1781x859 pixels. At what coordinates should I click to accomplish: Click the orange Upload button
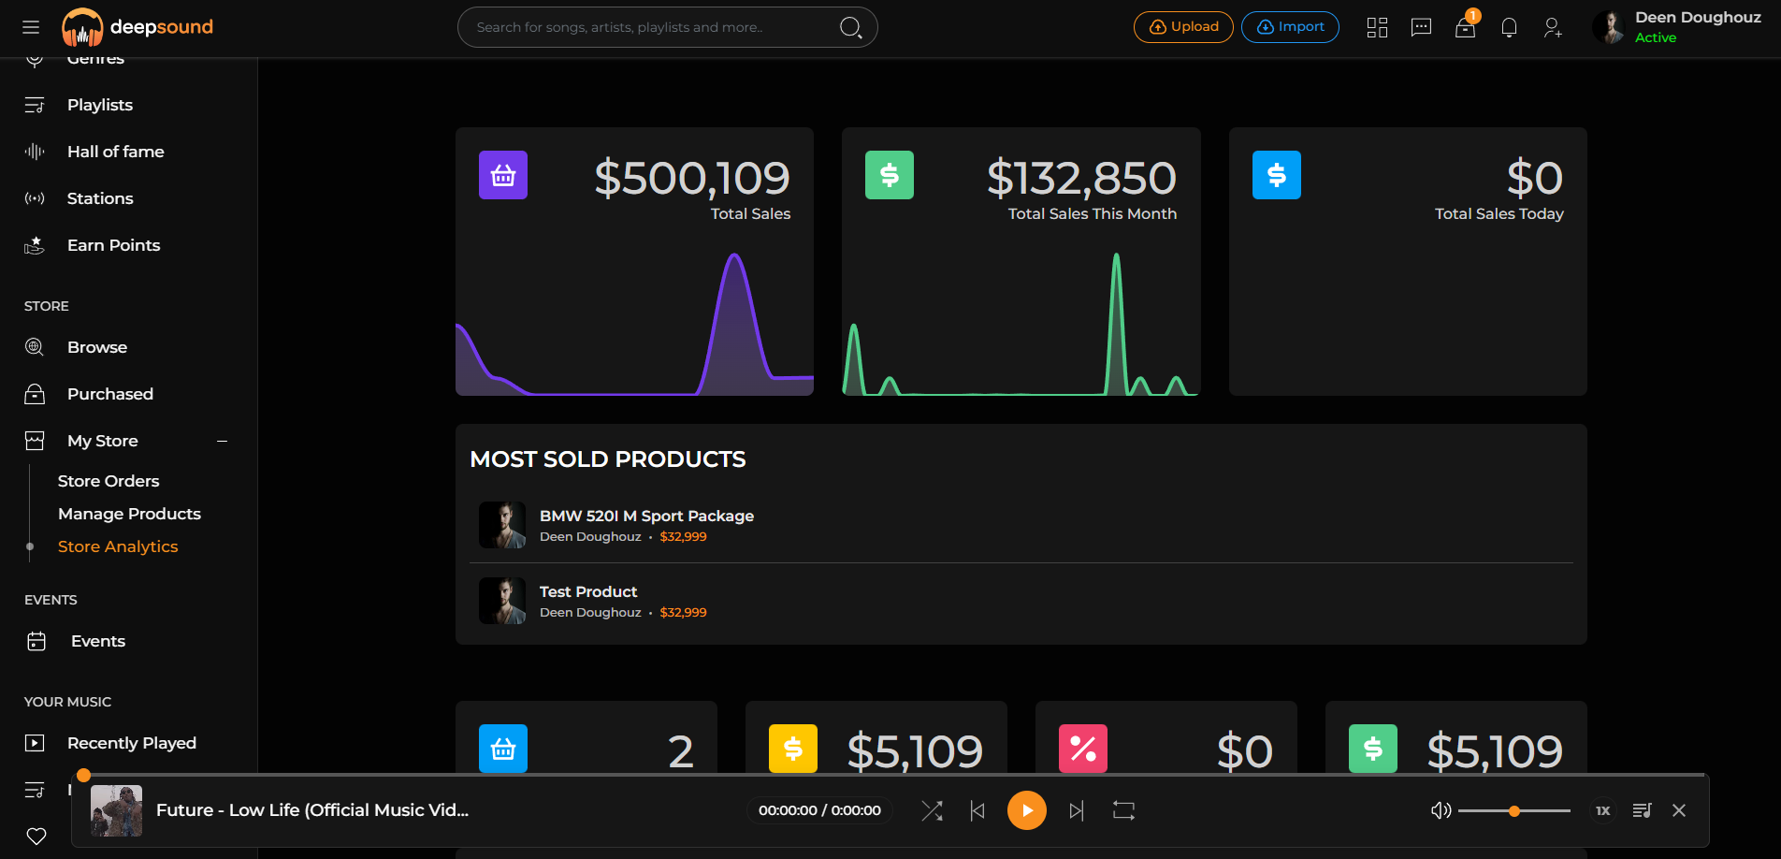pyautogui.click(x=1183, y=27)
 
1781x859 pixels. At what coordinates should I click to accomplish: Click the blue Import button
pyautogui.click(x=1290, y=27)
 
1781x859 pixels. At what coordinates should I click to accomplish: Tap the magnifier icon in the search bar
pyautogui.click(x=850, y=27)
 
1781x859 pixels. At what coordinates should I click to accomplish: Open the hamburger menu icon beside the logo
pyautogui.click(x=31, y=27)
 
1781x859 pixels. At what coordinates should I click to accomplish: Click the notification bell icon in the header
pyautogui.click(x=1509, y=28)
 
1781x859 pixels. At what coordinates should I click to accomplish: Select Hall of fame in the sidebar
pyautogui.click(x=116, y=152)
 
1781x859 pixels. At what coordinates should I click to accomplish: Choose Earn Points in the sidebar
pyautogui.click(x=114, y=245)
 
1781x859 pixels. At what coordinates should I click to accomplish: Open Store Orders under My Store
pyautogui.click(x=109, y=481)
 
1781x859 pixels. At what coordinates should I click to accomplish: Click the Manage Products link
pyautogui.click(x=129, y=514)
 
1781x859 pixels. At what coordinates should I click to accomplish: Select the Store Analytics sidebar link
pyautogui.click(x=118, y=546)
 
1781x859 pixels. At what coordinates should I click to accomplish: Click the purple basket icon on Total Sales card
pyautogui.click(x=503, y=175)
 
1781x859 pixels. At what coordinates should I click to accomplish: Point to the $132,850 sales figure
pyautogui.click(x=1081, y=178)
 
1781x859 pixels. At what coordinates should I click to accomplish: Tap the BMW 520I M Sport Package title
pyautogui.click(x=646, y=516)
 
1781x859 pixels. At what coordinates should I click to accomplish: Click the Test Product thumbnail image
pyautogui.click(x=502, y=601)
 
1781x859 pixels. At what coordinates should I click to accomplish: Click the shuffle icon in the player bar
pyautogui.click(x=932, y=810)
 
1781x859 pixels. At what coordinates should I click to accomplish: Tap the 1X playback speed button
pyautogui.click(x=1602, y=810)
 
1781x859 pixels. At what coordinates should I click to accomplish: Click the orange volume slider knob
pyautogui.click(x=1514, y=811)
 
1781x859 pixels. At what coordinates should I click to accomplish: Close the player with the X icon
pyautogui.click(x=1679, y=810)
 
